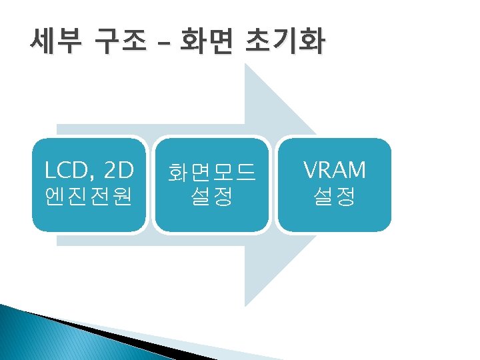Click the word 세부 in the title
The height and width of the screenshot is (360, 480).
point(55,43)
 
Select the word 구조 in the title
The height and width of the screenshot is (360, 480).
point(120,43)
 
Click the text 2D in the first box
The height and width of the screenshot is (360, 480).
point(120,171)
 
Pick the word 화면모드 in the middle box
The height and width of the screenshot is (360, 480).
point(211,173)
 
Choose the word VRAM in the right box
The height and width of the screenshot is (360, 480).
point(335,171)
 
